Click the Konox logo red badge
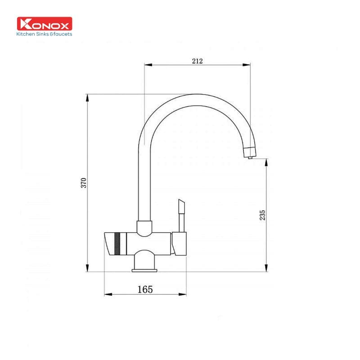pos(44,24)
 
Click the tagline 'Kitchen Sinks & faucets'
pos(44,34)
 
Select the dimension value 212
pos(197,61)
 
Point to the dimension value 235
pos(263,215)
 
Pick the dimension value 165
pos(145,289)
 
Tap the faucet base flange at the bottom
pos(144,270)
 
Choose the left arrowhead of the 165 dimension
pos(108,295)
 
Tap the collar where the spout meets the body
pos(144,228)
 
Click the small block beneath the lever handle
pos(180,244)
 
